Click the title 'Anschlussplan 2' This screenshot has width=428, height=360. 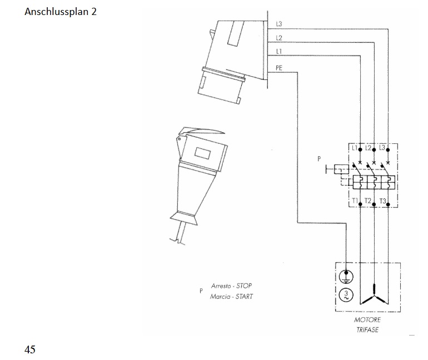click(x=61, y=11)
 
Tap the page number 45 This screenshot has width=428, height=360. click(x=30, y=349)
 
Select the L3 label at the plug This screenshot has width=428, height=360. click(x=279, y=24)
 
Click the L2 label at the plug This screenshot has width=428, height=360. click(x=279, y=38)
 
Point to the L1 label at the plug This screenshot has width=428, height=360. click(x=279, y=52)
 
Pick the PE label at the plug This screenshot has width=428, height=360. click(x=279, y=67)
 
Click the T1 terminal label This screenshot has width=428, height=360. click(x=355, y=201)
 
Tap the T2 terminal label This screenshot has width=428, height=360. click(x=368, y=201)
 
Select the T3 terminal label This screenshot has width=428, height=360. click(x=382, y=201)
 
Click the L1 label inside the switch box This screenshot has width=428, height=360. click(x=355, y=148)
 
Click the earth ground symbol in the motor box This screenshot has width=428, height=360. click(x=346, y=276)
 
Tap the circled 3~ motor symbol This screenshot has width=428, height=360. click(x=346, y=294)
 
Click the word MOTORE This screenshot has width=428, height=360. click(x=367, y=320)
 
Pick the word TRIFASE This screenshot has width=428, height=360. click(x=367, y=330)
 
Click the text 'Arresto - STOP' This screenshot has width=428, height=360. click(x=231, y=286)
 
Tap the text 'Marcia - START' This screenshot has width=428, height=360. click(x=231, y=296)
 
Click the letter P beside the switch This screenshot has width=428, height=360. click(x=319, y=158)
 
